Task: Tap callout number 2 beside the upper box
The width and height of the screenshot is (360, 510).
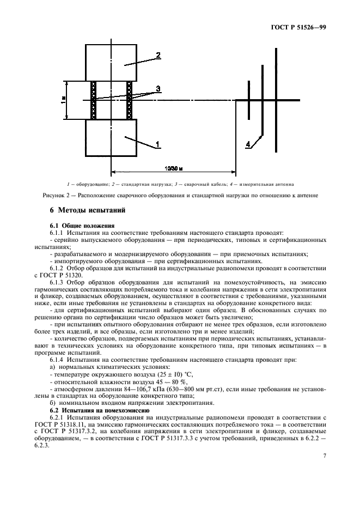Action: coord(157,56)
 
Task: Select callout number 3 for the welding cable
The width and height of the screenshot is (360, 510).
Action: coord(157,88)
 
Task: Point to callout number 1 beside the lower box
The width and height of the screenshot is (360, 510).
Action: coord(157,144)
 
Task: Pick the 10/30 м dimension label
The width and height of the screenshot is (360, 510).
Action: coord(173,168)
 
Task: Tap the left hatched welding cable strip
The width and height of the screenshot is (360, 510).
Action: coord(93,100)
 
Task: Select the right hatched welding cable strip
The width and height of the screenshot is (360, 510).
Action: coord(130,100)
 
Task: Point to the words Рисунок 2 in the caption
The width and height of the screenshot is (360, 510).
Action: coord(54,195)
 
